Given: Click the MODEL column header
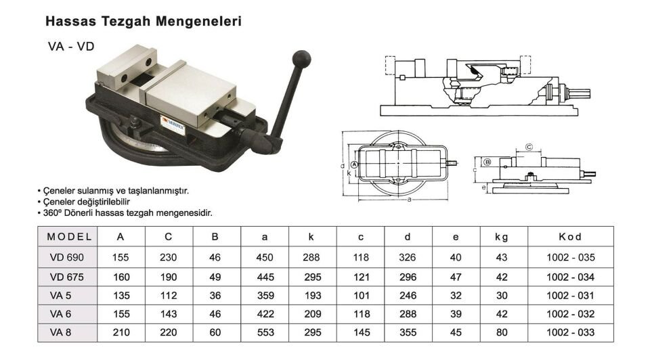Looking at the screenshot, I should coord(70,237).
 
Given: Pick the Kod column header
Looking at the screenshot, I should coord(570,237).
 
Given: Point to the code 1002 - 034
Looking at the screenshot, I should coord(570,277).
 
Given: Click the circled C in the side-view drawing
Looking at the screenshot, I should coord(529,146).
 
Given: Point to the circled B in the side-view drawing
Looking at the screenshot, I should coord(487,163).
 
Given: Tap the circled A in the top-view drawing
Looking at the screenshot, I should coord(355,164).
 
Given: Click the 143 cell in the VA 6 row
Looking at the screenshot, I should coord(169,314).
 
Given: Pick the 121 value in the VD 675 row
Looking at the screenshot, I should coord(361,277).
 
